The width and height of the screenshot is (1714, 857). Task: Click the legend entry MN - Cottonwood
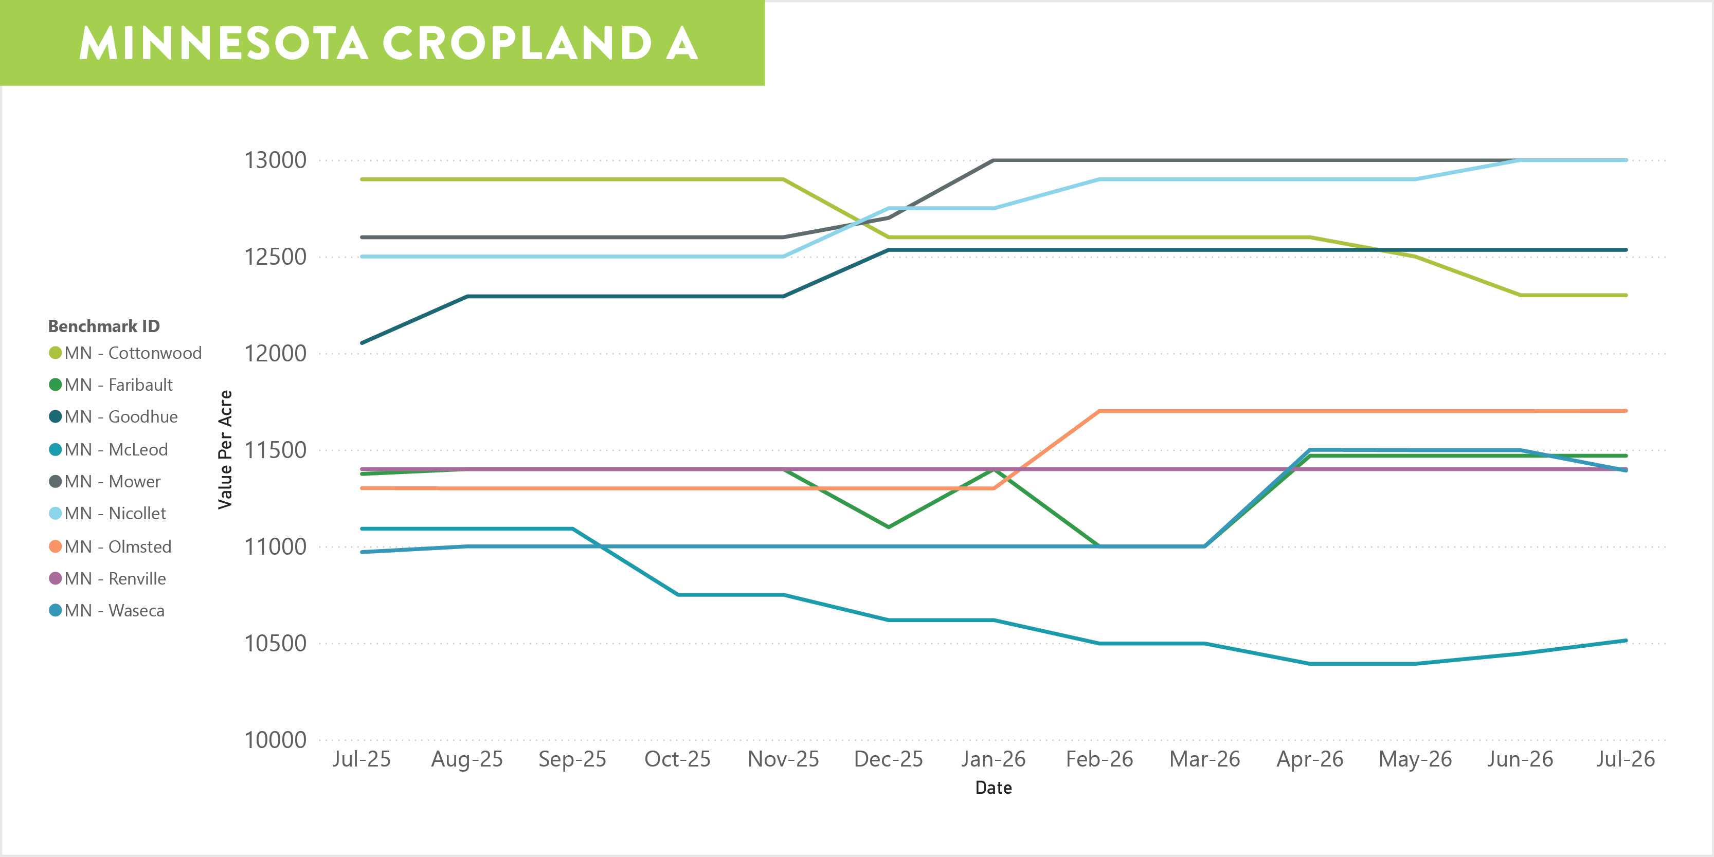(125, 353)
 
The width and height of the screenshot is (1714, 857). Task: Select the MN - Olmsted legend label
(111, 546)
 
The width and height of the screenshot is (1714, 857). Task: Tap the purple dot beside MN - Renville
(55, 578)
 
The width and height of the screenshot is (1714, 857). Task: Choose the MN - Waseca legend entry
(106, 610)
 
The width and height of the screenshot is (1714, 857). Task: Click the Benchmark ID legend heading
(104, 326)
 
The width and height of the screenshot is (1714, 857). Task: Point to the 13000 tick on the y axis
(276, 160)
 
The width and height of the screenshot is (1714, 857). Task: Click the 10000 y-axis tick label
(276, 740)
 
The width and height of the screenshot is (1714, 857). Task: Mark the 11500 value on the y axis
(276, 450)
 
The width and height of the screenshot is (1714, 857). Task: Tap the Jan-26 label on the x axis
(994, 759)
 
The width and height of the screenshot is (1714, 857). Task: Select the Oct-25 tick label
(677, 759)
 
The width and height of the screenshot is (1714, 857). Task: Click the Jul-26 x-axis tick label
(1626, 759)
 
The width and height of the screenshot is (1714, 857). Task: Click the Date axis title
(994, 788)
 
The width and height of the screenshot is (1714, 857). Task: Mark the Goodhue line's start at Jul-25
(362, 343)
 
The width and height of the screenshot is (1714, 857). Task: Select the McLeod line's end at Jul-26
(1626, 641)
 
